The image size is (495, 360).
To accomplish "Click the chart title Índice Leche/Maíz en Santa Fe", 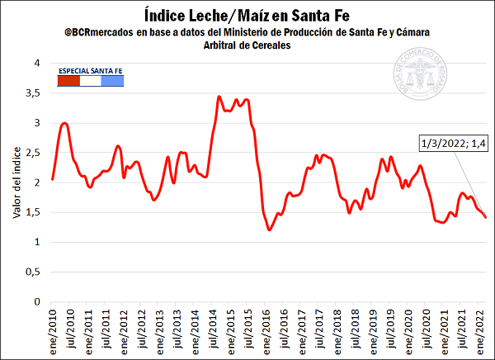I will tap(247, 14).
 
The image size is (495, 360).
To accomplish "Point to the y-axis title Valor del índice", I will tap(16, 182).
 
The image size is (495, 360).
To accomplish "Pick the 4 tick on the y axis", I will tap(36, 63).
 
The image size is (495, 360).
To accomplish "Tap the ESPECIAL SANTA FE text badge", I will tap(91, 72).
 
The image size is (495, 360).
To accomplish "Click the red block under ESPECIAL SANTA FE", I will tap(68, 81).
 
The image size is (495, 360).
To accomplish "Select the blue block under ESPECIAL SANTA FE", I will tap(112, 81).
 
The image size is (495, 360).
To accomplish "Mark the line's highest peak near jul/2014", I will tap(219, 97).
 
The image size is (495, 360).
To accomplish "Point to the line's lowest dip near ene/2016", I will tap(270, 230).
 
